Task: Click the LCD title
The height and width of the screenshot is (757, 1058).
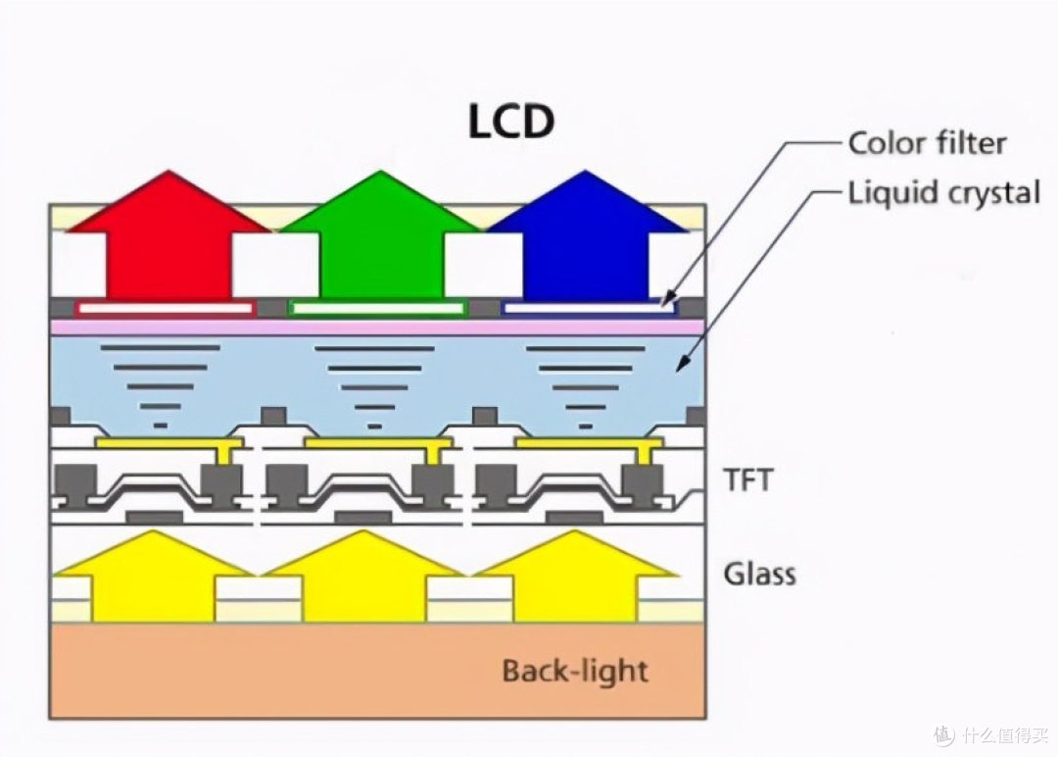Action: click(x=510, y=122)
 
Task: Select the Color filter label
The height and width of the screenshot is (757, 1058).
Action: click(x=927, y=143)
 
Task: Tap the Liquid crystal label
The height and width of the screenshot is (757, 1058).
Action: click(x=943, y=193)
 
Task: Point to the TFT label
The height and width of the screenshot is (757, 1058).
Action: click(x=748, y=480)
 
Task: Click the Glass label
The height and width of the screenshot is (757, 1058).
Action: click(x=760, y=574)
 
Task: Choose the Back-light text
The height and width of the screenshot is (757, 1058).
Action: click(x=575, y=672)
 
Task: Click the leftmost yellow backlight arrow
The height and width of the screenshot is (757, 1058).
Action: click(x=154, y=578)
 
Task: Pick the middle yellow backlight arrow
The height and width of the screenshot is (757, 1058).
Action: click(x=364, y=578)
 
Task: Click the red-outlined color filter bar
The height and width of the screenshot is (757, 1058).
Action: click(x=166, y=309)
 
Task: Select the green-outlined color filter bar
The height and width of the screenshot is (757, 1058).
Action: click(x=378, y=309)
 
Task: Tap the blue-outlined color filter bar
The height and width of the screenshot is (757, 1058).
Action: click(x=589, y=309)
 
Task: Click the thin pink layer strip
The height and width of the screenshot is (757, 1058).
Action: click(x=378, y=327)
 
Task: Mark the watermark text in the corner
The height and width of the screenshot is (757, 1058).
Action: click(x=991, y=733)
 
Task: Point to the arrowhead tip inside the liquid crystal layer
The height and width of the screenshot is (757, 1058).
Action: click(x=677, y=371)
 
